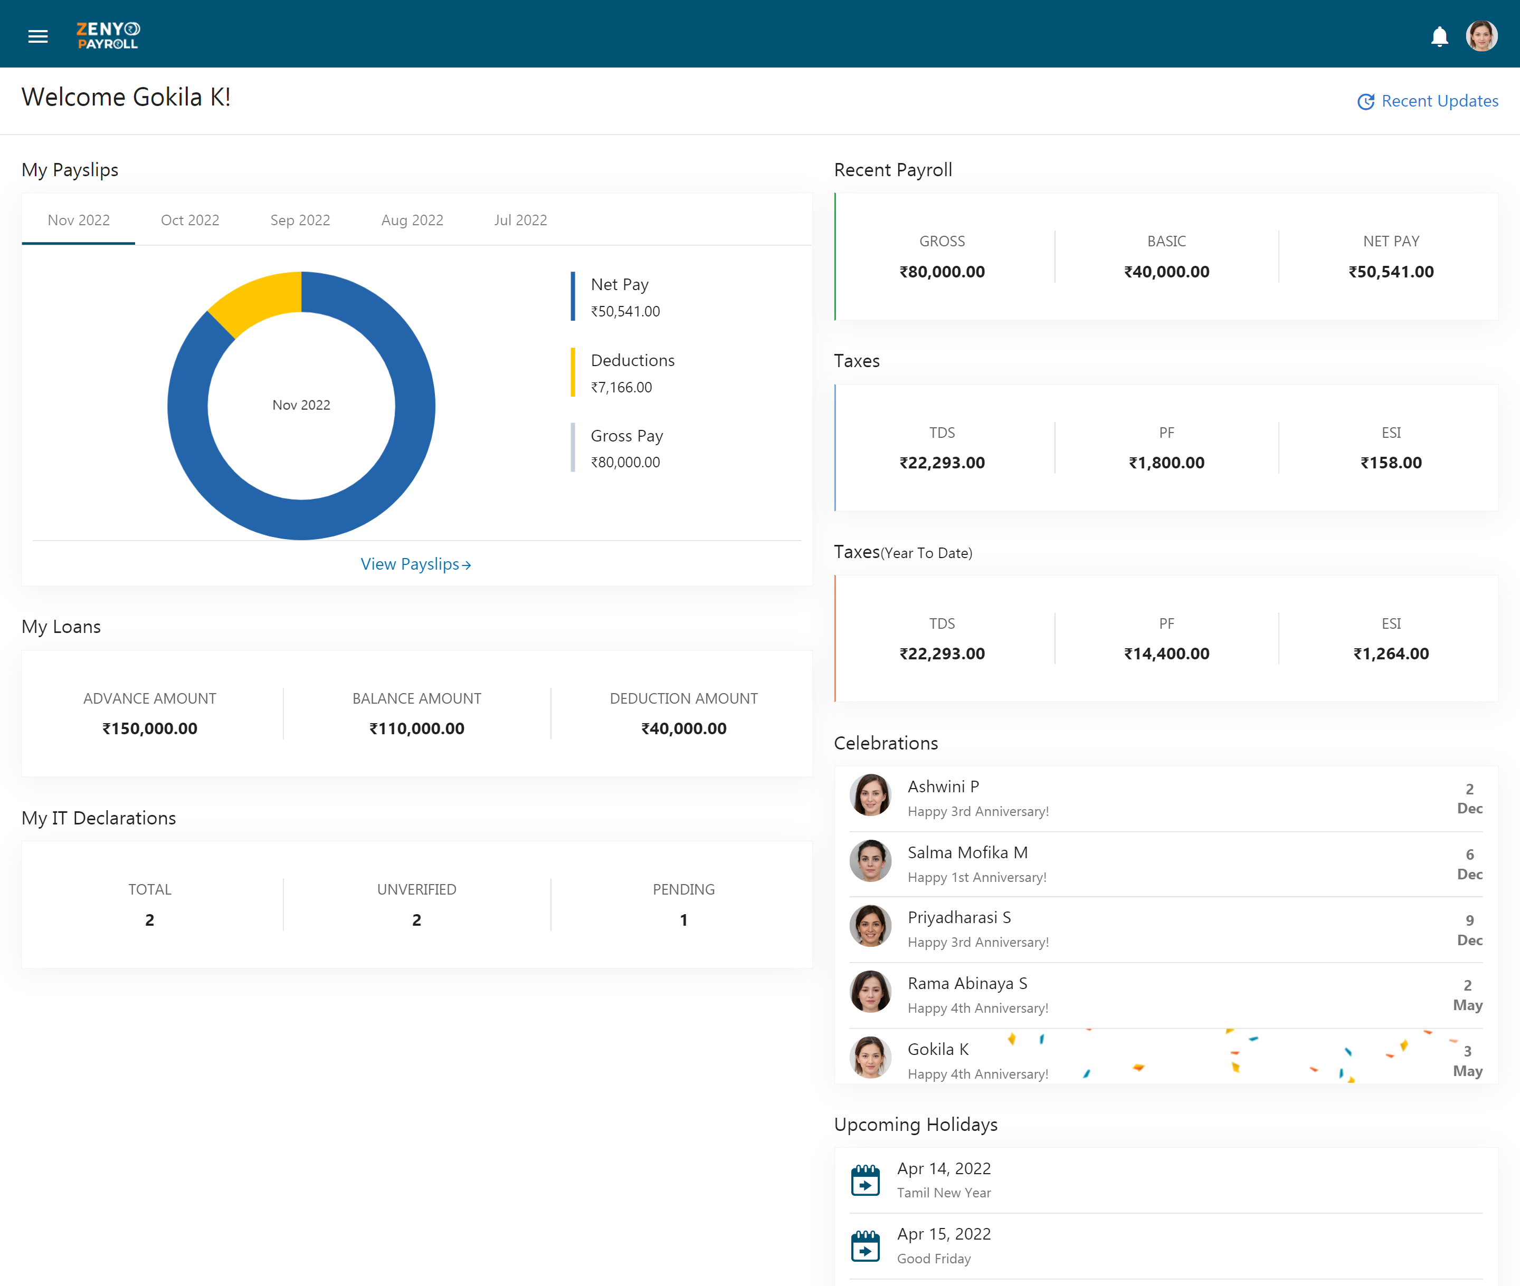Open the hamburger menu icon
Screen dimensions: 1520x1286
pyautogui.click(x=38, y=36)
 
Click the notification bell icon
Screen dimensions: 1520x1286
pyautogui.click(x=1439, y=36)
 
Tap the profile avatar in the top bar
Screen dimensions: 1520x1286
pyautogui.click(x=1481, y=35)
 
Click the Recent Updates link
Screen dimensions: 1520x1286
pyautogui.click(x=1427, y=101)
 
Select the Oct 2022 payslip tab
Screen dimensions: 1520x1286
pyautogui.click(x=189, y=220)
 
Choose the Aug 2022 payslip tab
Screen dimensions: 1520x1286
pyautogui.click(x=412, y=220)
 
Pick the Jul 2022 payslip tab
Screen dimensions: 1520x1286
pyautogui.click(x=520, y=220)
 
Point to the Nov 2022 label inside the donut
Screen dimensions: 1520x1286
pyautogui.click(x=301, y=405)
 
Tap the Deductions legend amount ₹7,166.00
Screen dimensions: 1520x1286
pyautogui.click(x=621, y=387)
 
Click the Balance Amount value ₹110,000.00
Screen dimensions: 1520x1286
pyautogui.click(x=416, y=728)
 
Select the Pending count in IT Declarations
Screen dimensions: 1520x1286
pyautogui.click(x=683, y=920)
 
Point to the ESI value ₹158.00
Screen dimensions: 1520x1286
pyautogui.click(x=1391, y=463)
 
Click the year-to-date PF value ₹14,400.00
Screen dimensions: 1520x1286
pyautogui.click(x=1166, y=654)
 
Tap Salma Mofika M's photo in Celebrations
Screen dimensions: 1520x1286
pyautogui.click(x=870, y=861)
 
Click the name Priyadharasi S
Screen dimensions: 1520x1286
pyautogui.click(x=959, y=918)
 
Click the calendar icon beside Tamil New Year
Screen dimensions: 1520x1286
pyautogui.click(x=865, y=1181)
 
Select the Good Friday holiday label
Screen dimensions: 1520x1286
pyautogui.click(x=934, y=1259)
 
